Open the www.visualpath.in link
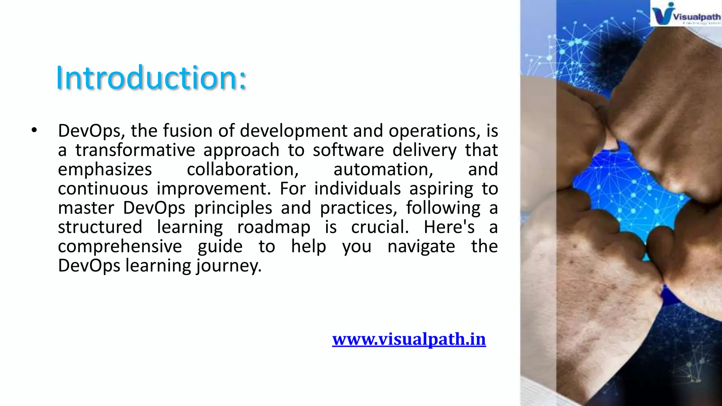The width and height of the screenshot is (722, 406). (x=409, y=339)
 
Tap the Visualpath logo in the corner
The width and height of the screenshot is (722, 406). (x=685, y=14)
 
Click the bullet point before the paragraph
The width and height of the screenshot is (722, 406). (x=34, y=130)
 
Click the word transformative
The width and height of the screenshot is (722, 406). (x=135, y=150)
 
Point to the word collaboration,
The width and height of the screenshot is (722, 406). (x=243, y=170)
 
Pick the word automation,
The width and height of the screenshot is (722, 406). (x=383, y=170)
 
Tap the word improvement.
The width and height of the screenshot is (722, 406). (x=214, y=189)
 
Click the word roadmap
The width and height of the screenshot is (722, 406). (x=274, y=227)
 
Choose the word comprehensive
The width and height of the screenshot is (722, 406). (x=120, y=246)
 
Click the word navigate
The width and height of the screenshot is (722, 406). (x=421, y=246)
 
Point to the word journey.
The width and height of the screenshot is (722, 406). (x=229, y=266)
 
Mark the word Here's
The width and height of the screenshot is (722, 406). (x=449, y=227)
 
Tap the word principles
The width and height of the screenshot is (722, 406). (x=233, y=208)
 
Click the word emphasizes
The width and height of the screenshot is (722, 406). (x=105, y=170)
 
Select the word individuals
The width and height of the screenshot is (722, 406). (x=357, y=189)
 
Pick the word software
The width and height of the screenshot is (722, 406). (x=348, y=150)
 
